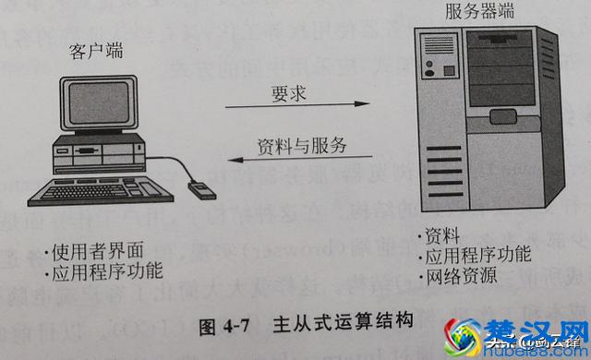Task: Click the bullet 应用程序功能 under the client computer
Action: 103,271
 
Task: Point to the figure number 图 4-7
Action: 226,324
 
